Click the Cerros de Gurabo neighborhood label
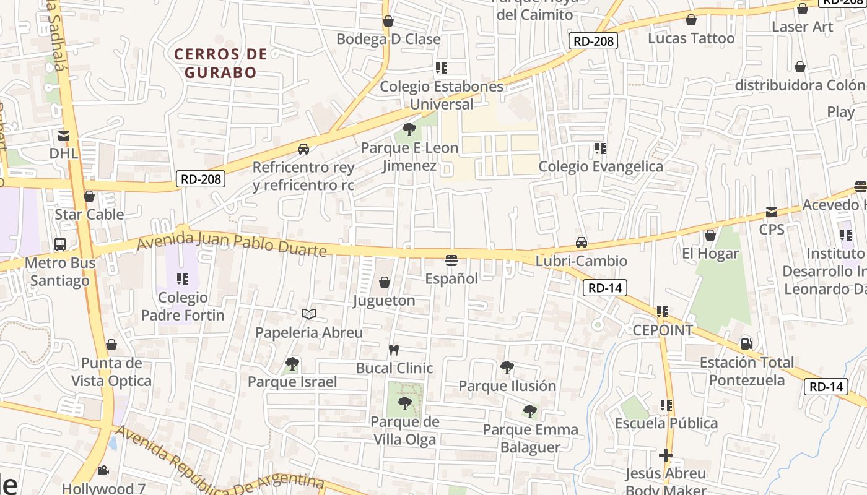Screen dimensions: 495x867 click(x=220, y=63)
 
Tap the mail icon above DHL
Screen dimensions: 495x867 click(x=63, y=136)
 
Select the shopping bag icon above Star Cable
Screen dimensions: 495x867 click(x=89, y=197)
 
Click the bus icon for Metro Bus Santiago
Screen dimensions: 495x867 click(x=60, y=244)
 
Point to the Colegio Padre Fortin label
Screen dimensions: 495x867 click(x=183, y=306)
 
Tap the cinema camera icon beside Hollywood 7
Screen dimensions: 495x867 click(x=103, y=471)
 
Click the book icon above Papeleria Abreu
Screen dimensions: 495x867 click(x=309, y=314)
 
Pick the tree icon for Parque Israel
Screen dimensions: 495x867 click(x=292, y=364)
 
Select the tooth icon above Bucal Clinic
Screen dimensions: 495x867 click(x=393, y=350)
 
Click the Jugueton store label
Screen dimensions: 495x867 click(x=384, y=301)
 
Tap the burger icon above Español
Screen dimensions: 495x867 click(x=451, y=260)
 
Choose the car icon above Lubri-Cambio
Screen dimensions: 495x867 click(x=581, y=243)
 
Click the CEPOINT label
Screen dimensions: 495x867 click(x=663, y=330)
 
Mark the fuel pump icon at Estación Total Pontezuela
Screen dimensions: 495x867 click(x=747, y=343)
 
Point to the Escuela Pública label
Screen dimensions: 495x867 click(x=666, y=423)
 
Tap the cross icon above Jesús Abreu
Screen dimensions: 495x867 click(x=666, y=456)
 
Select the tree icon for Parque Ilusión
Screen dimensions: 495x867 click(x=507, y=368)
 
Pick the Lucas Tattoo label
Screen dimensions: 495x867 click(x=691, y=38)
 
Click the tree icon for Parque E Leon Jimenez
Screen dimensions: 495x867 click(x=409, y=129)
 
